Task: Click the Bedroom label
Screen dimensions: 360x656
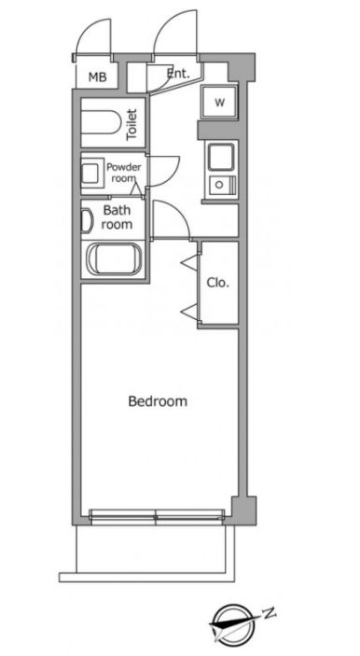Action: (x=158, y=401)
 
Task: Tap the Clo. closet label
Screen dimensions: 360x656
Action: (x=218, y=283)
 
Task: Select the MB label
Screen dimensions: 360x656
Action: (x=97, y=77)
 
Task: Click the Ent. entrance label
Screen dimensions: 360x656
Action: (x=178, y=74)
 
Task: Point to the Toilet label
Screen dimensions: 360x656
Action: (x=132, y=124)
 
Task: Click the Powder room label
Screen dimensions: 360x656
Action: (x=124, y=173)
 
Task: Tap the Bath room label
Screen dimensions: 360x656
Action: (x=118, y=216)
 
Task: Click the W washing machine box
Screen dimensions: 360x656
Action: (x=219, y=103)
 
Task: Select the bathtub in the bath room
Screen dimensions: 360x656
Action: (x=114, y=259)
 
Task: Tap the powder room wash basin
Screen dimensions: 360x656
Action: (x=90, y=174)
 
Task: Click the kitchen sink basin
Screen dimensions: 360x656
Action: (x=221, y=158)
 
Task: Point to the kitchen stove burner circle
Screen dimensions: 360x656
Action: (x=218, y=183)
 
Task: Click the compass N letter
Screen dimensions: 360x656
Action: (x=270, y=613)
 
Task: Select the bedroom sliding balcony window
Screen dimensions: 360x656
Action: (x=157, y=516)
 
